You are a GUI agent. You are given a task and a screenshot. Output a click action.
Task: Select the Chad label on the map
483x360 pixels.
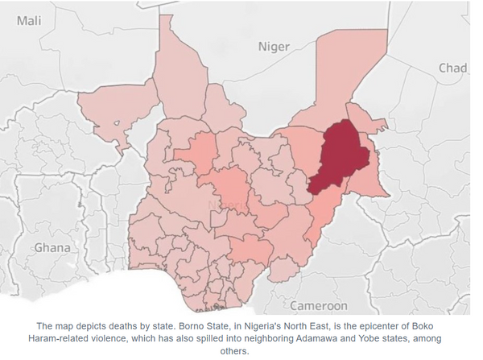pyautogui.click(x=452, y=68)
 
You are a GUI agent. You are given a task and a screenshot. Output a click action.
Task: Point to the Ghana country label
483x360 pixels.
pyautogui.click(x=52, y=247)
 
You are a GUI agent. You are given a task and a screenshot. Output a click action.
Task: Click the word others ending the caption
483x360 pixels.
pyautogui.click(x=241, y=352)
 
